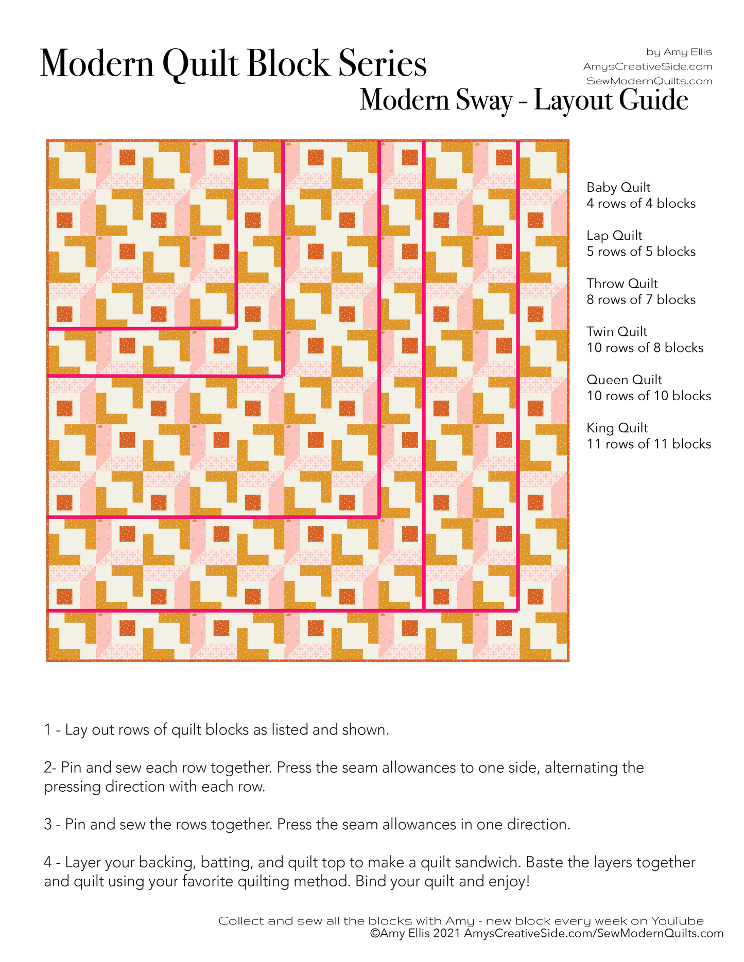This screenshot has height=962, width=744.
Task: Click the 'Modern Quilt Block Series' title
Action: click(x=233, y=64)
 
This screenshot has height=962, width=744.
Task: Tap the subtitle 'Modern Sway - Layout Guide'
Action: click(x=524, y=100)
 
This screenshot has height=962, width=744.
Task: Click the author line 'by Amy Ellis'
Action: click(x=679, y=52)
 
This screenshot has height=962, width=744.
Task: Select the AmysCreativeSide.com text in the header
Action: click(x=648, y=66)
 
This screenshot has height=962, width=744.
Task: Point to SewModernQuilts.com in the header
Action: click(x=649, y=81)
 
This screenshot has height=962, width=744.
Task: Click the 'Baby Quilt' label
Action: click(x=618, y=187)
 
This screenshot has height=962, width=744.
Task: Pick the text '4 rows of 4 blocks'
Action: click(x=641, y=204)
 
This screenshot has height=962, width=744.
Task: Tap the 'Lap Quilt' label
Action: click(x=614, y=236)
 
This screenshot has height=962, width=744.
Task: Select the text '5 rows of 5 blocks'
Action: click(x=641, y=252)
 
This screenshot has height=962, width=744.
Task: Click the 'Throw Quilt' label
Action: click(x=622, y=283)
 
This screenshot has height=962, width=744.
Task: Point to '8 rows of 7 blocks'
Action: click(x=641, y=300)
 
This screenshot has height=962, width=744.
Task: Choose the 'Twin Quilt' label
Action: click(x=617, y=332)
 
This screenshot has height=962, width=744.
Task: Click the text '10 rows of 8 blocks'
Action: click(x=645, y=348)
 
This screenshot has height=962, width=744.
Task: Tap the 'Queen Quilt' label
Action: click(x=624, y=380)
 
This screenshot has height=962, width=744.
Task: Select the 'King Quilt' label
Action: click(x=617, y=428)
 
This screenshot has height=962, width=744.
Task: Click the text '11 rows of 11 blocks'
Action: click(x=649, y=444)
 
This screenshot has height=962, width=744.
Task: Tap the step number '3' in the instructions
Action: click(x=48, y=825)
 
